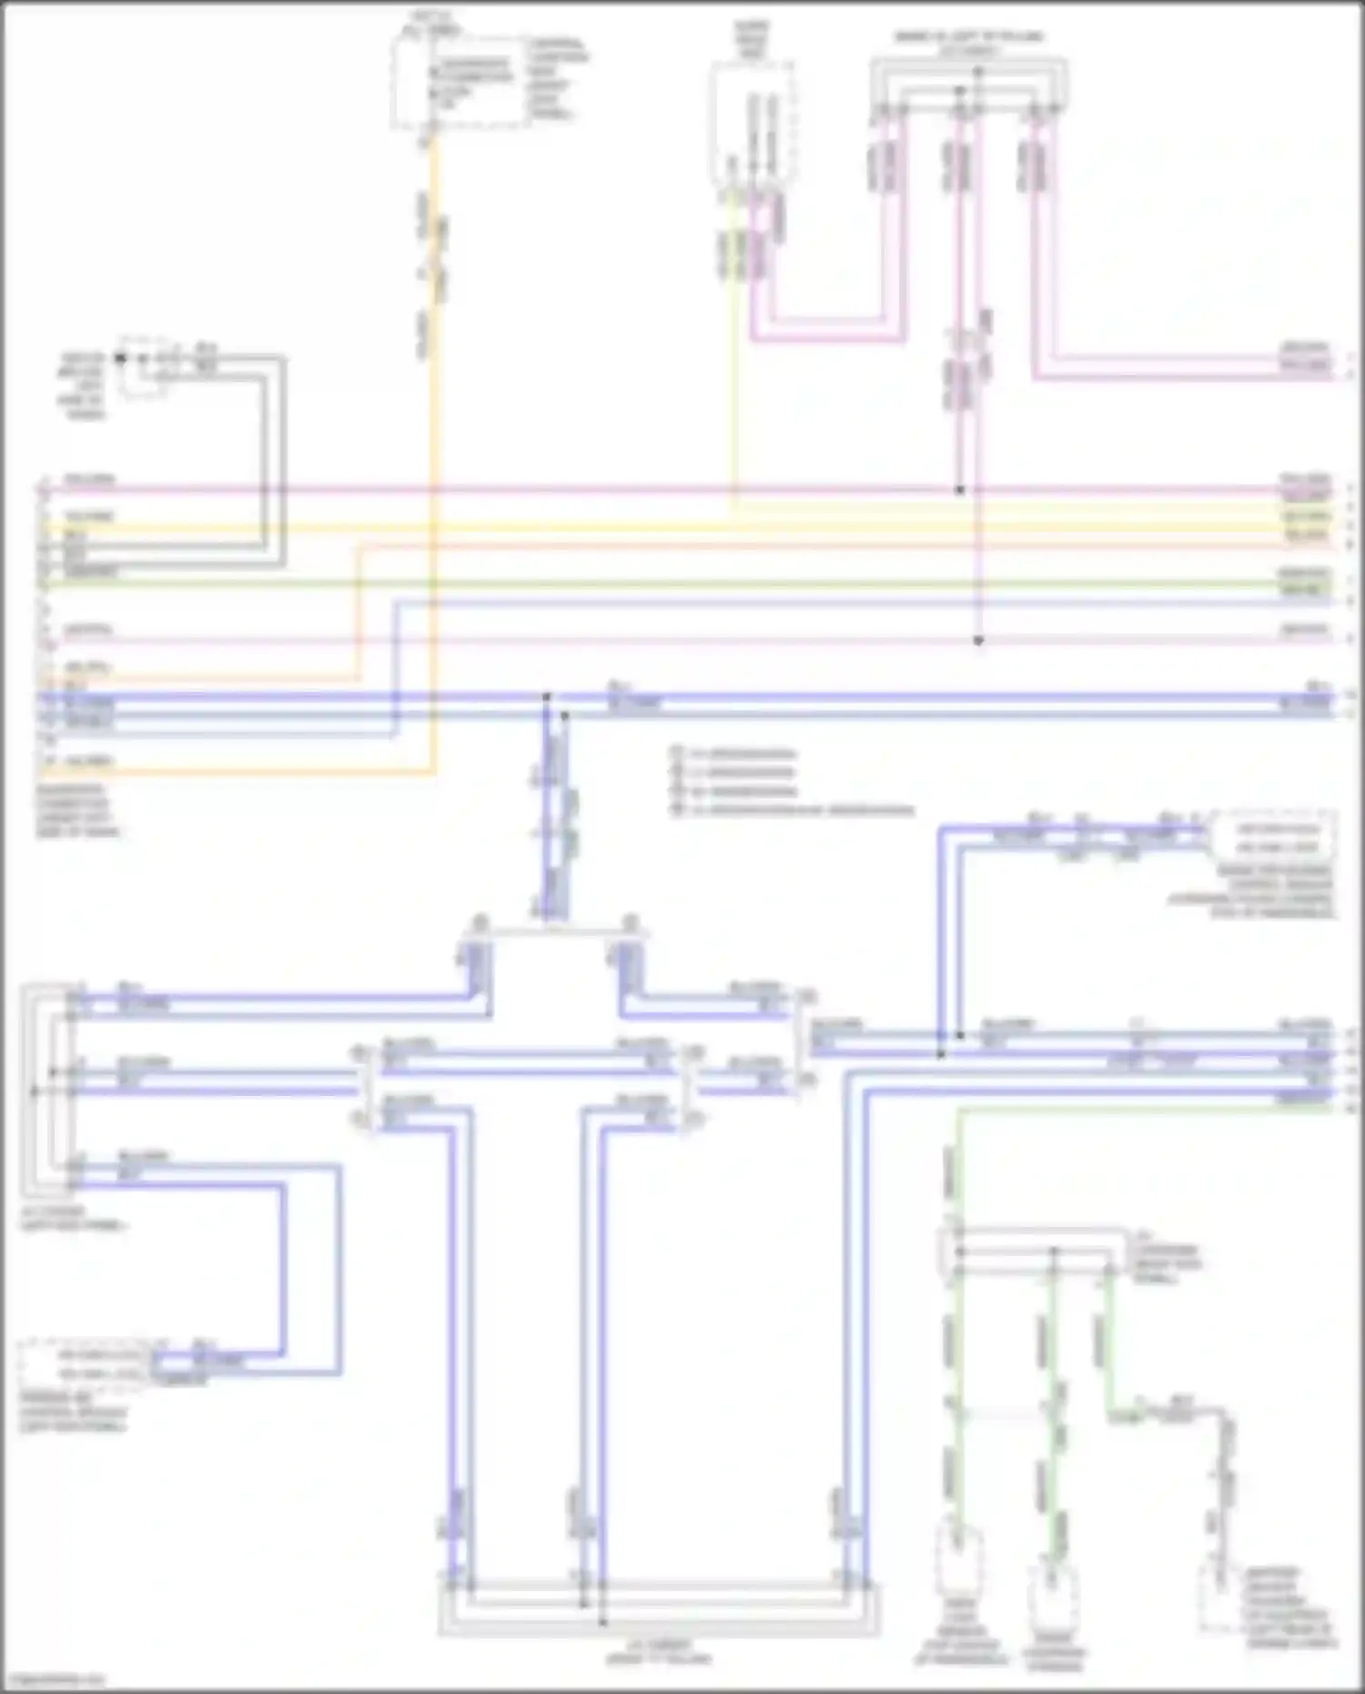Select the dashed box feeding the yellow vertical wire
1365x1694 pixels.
click(x=752, y=127)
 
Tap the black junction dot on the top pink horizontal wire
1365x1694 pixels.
click(x=959, y=490)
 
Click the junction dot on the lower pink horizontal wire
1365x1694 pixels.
click(x=978, y=641)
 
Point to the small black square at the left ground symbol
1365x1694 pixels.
click(x=120, y=358)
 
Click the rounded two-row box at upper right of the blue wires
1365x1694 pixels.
click(x=1271, y=837)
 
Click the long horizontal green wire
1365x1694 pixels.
click(x=682, y=583)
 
